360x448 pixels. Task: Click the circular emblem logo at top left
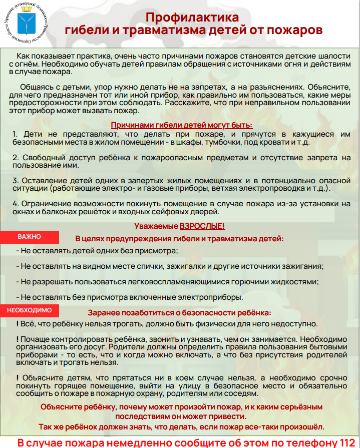tap(28, 24)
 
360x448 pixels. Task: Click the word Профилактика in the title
tap(192, 18)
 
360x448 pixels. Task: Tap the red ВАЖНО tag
tap(30, 236)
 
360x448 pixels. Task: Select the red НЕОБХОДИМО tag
tap(30, 310)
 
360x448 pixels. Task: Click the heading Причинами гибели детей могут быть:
tap(181, 125)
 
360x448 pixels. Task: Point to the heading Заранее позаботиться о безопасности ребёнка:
tap(180, 313)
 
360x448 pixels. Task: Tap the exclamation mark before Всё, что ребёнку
tap(18, 324)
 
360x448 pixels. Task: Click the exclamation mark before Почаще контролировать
tap(18, 339)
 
